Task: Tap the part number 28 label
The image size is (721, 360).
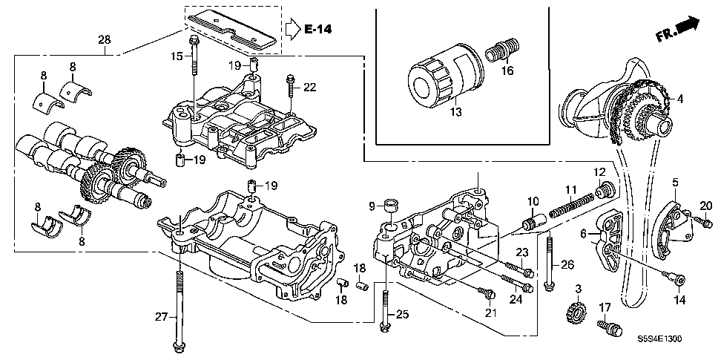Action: click(x=105, y=39)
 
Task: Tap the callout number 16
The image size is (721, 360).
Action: click(x=507, y=71)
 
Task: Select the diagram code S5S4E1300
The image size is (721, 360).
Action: click(x=660, y=338)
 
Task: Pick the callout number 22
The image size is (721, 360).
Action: click(x=309, y=88)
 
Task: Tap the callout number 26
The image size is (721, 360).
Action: click(x=567, y=263)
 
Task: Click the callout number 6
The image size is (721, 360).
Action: click(x=585, y=233)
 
